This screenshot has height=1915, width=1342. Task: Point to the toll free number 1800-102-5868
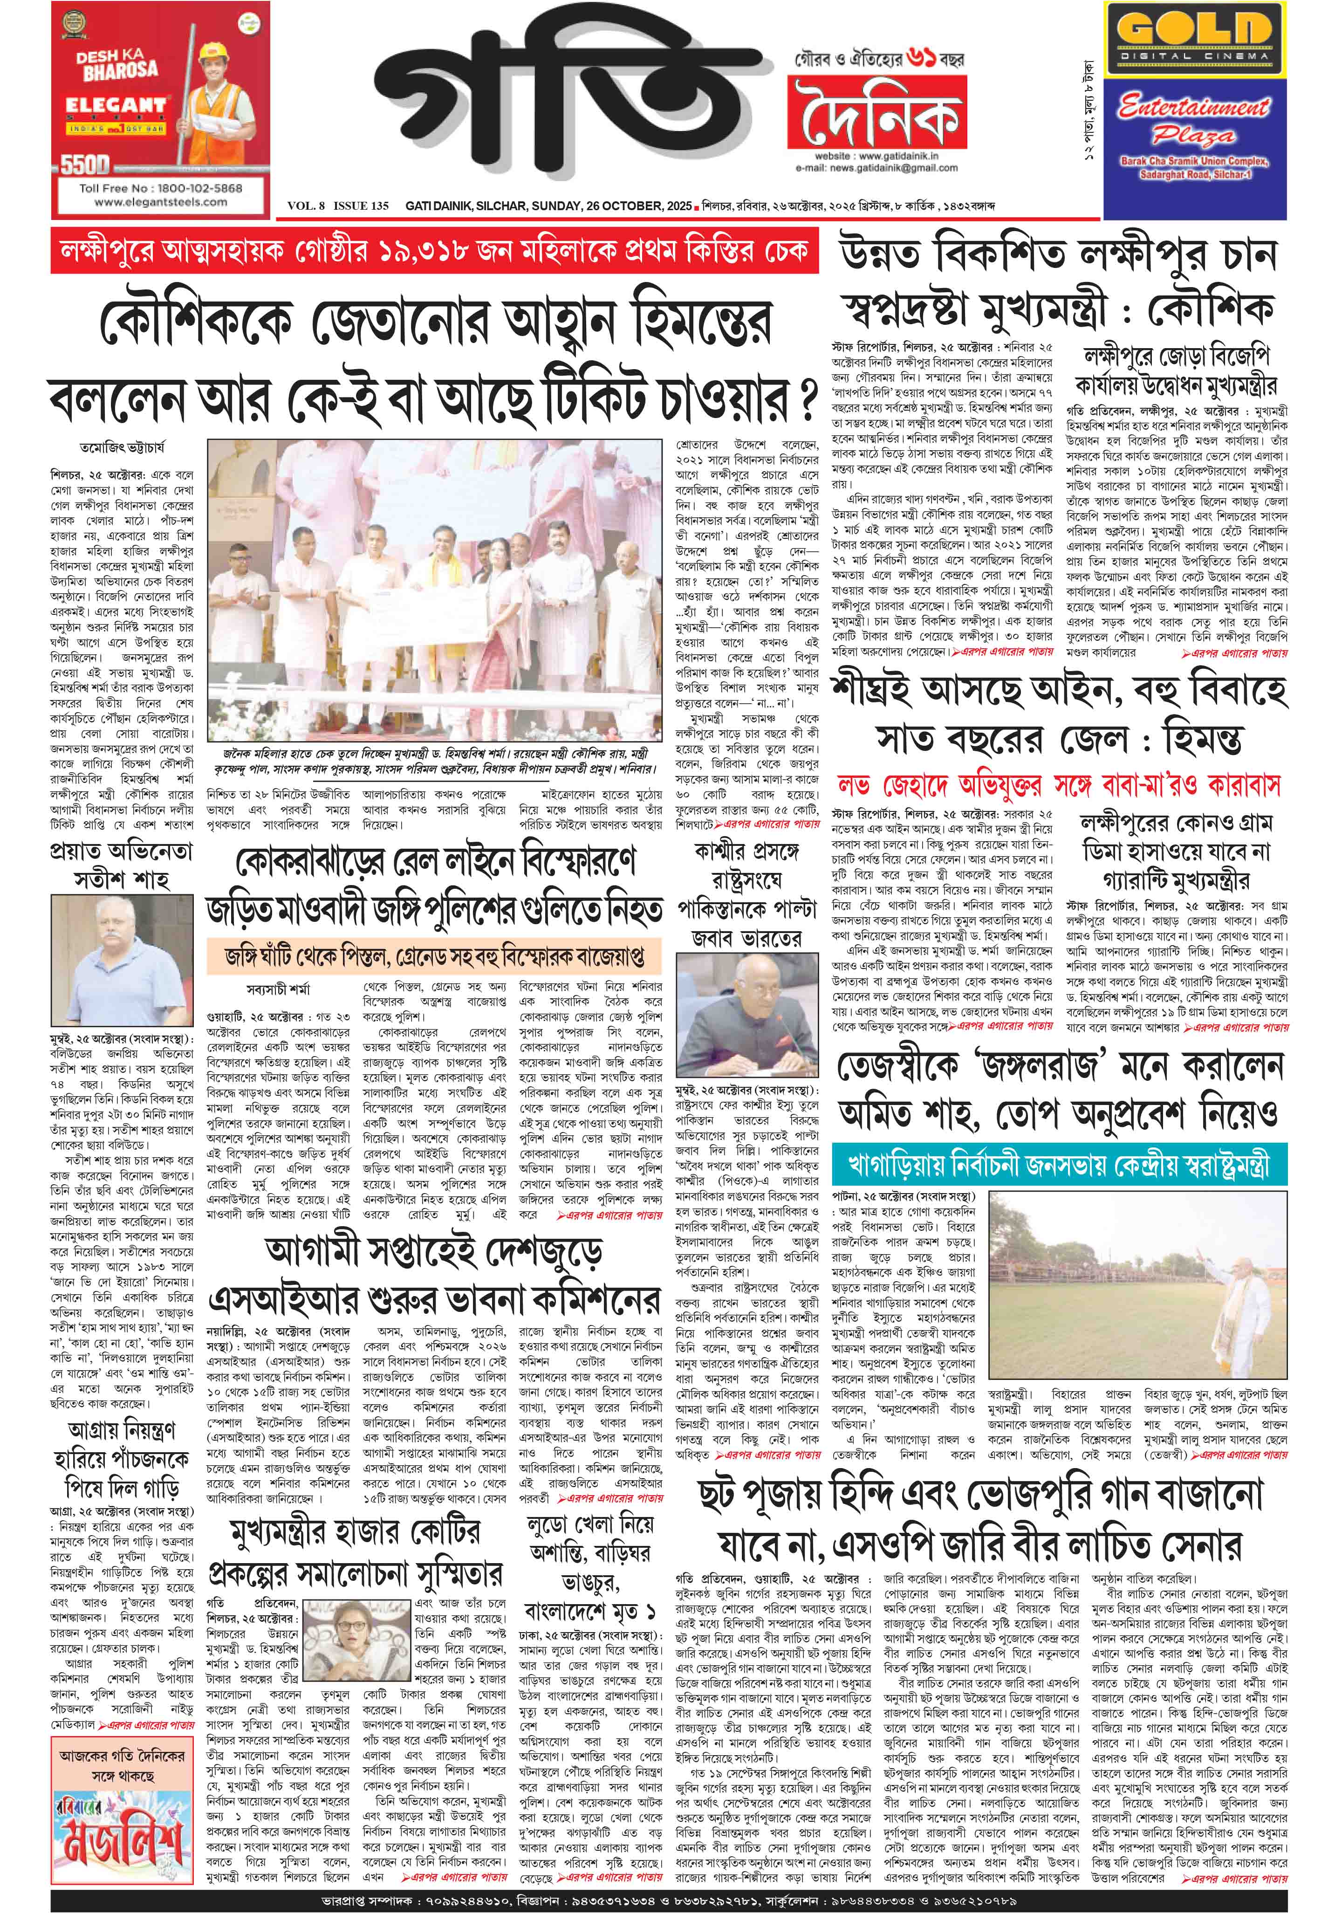160,188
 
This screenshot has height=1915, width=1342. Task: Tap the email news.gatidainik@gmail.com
876,168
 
